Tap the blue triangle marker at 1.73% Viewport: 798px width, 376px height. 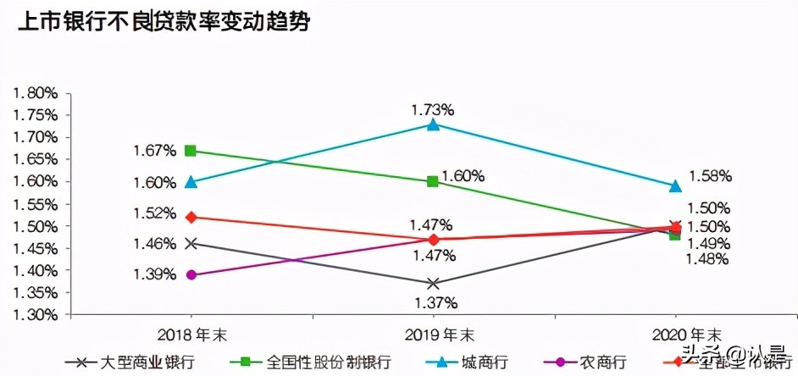433,125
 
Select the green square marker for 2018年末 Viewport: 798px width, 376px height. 191,151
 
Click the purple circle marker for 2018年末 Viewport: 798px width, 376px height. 191,274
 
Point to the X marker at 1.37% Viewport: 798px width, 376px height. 433,283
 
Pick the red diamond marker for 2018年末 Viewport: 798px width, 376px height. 191,217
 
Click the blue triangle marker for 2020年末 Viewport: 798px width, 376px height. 675,185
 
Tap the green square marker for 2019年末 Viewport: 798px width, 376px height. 433,181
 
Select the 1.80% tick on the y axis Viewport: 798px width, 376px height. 36,92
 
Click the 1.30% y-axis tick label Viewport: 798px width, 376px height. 36,314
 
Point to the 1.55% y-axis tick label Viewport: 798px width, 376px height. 36,203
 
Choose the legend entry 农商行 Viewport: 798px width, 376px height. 601,362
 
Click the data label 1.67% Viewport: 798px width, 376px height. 154,150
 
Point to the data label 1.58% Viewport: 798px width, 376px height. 710,176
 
